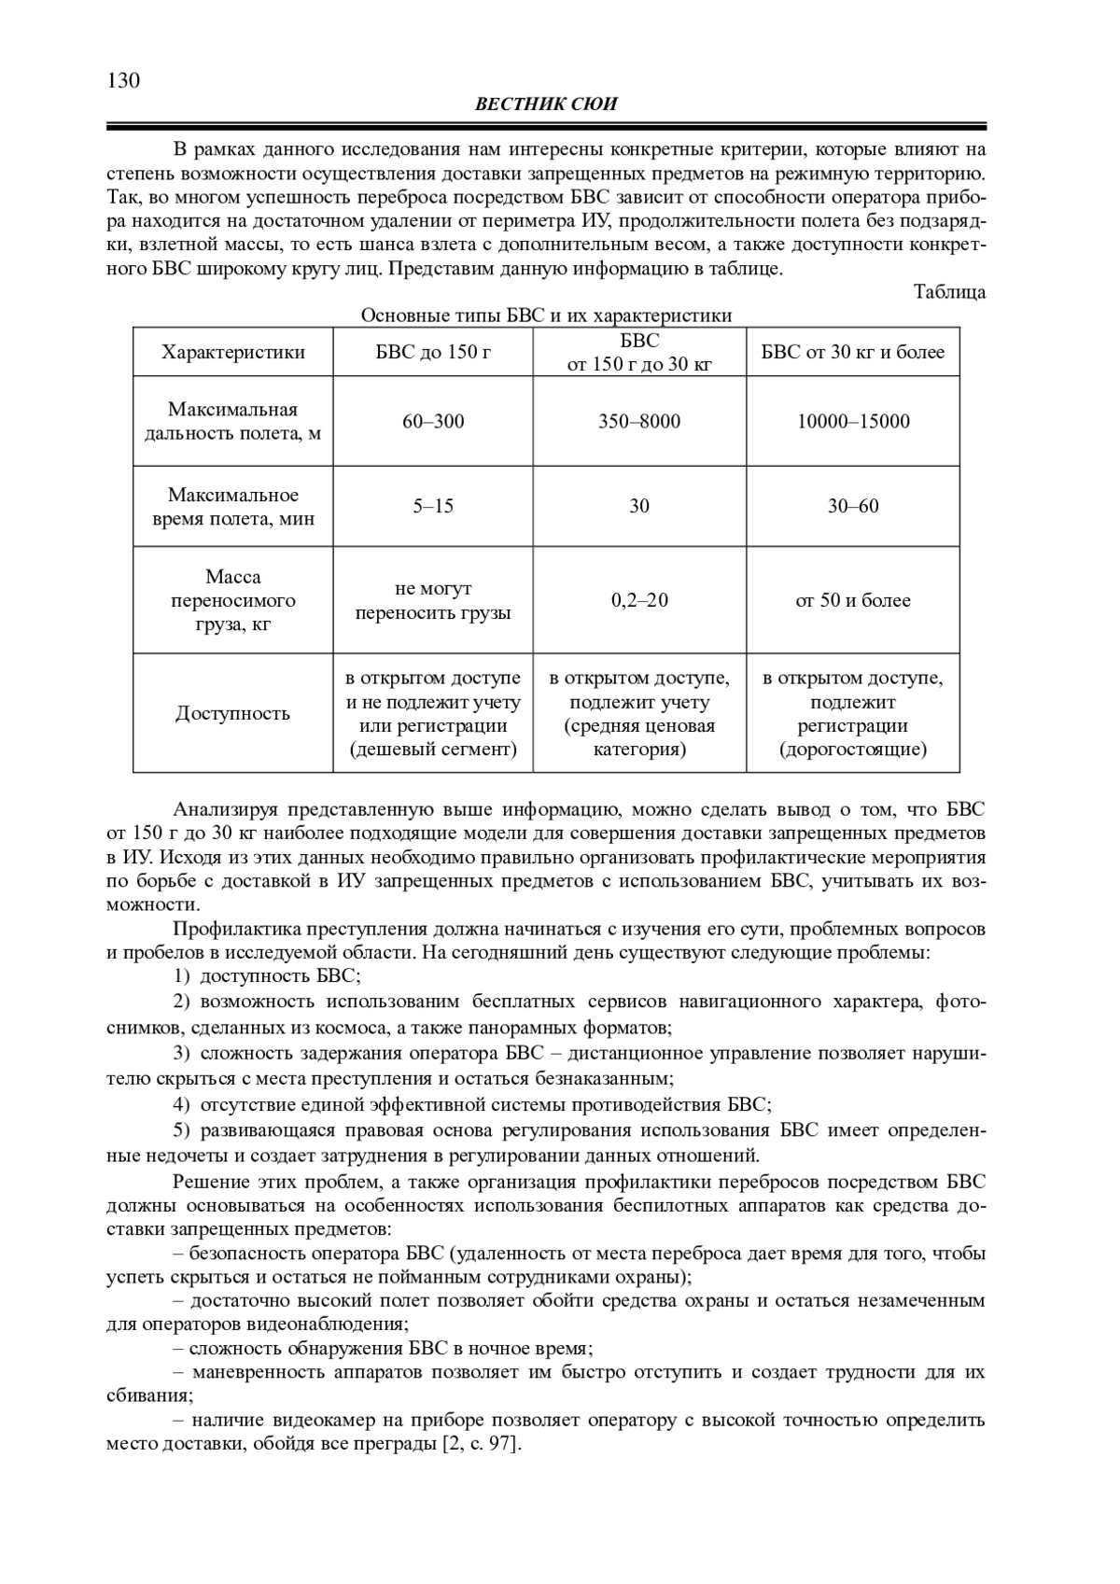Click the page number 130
(x=123, y=81)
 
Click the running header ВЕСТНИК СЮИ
(x=546, y=105)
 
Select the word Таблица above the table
(x=949, y=292)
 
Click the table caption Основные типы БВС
(x=546, y=315)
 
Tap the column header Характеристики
(x=232, y=352)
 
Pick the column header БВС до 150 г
(x=433, y=352)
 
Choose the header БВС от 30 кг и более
(x=852, y=352)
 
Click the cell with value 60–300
(x=433, y=421)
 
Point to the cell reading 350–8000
(x=639, y=421)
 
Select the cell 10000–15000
(x=852, y=421)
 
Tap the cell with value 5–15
(x=433, y=506)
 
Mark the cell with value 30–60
(x=852, y=506)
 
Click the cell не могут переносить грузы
(x=433, y=600)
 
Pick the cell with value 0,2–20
(x=639, y=600)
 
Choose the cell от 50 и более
(x=852, y=600)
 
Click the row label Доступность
(x=232, y=714)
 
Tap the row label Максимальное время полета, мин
(x=232, y=506)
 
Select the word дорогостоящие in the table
(x=852, y=750)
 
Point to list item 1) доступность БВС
(x=267, y=977)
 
